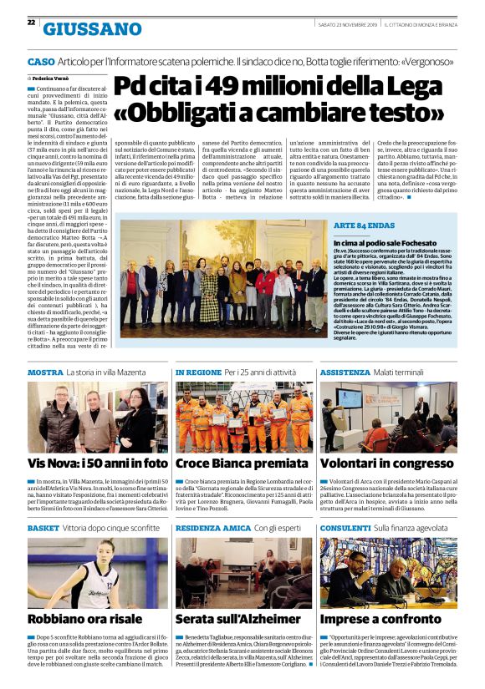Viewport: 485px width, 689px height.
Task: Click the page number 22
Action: click(x=31, y=23)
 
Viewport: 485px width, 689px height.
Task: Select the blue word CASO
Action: click(x=41, y=62)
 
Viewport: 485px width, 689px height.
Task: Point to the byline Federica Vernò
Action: click(x=54, y=77)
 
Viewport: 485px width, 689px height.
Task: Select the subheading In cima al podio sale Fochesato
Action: click(x=384, y=241)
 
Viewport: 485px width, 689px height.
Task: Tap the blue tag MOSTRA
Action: click(x=45, y=372)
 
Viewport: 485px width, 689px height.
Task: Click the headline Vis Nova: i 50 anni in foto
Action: click(x=98, y=462)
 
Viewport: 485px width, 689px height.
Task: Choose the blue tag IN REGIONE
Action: click(x=197, y=372)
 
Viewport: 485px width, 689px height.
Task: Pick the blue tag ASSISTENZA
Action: click(x=345, y=372)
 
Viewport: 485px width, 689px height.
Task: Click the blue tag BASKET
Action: click(x=43, y=528)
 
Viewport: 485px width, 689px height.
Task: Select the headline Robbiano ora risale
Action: click(x=84, y=619)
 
